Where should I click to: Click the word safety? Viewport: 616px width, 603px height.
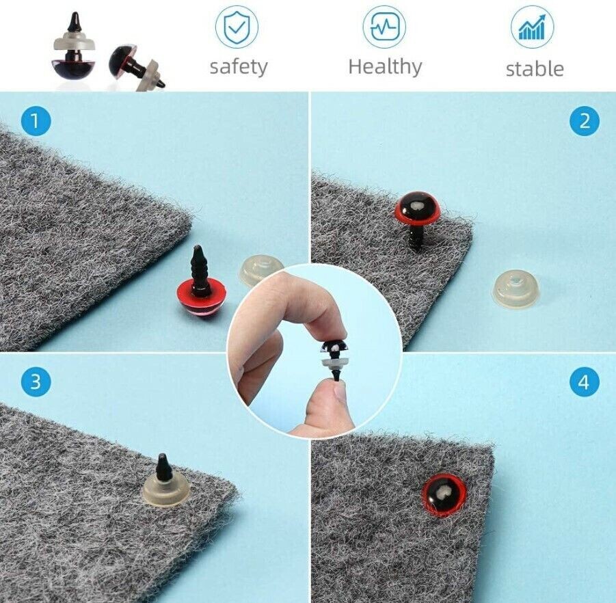pyautogui.click(x=239, y=67)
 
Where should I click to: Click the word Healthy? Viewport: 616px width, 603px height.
pyautogui.click(x=385, y=66)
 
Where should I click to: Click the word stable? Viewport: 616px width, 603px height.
pyautogui.click(x=535, y=68)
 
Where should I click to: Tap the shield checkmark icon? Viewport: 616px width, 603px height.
pyautogui.click(x=237, y=27)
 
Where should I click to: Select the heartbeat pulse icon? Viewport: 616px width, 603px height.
pyautogui.click(x=384, y=27)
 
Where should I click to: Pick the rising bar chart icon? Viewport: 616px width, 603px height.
pyautogui.click(x=533, y=27)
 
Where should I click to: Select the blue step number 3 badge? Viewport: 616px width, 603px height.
pyautogui.click(x=36, y=381)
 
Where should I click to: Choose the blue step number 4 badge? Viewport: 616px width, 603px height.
pyautogui.click(x=585, y=381)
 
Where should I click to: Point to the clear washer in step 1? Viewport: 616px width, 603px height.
pyautogui.click(x=259, y=269)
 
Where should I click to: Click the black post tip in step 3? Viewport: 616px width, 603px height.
pyautogui.click(x=163, y=457)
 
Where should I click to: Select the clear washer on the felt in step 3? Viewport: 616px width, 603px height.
pyautogui.click(x=166, y=488)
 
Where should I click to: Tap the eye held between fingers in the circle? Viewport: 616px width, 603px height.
pyautogui.click(x=334, y=356)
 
